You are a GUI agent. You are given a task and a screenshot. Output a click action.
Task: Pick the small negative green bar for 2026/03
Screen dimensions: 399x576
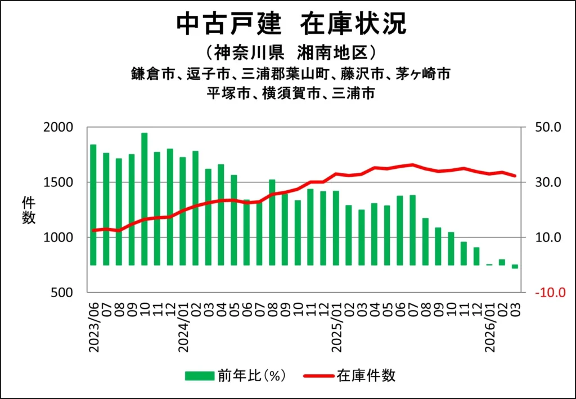pyautogui.click(x=515, y=267)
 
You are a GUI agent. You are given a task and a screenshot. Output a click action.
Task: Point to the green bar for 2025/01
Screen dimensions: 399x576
pyautogui.click(x=336, y=228)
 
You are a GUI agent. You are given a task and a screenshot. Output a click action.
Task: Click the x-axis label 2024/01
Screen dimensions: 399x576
pyautogui.click(x=183, y=330)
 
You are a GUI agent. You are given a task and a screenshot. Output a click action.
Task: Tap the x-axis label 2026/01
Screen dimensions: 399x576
pyautogui.click(x=489, y=330)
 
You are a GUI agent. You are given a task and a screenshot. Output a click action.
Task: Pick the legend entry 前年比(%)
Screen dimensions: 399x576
pyautogui.click(x=236, y=375)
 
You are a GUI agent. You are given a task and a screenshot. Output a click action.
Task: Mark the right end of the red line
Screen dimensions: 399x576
pyautogui.click(x=515, y=176)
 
